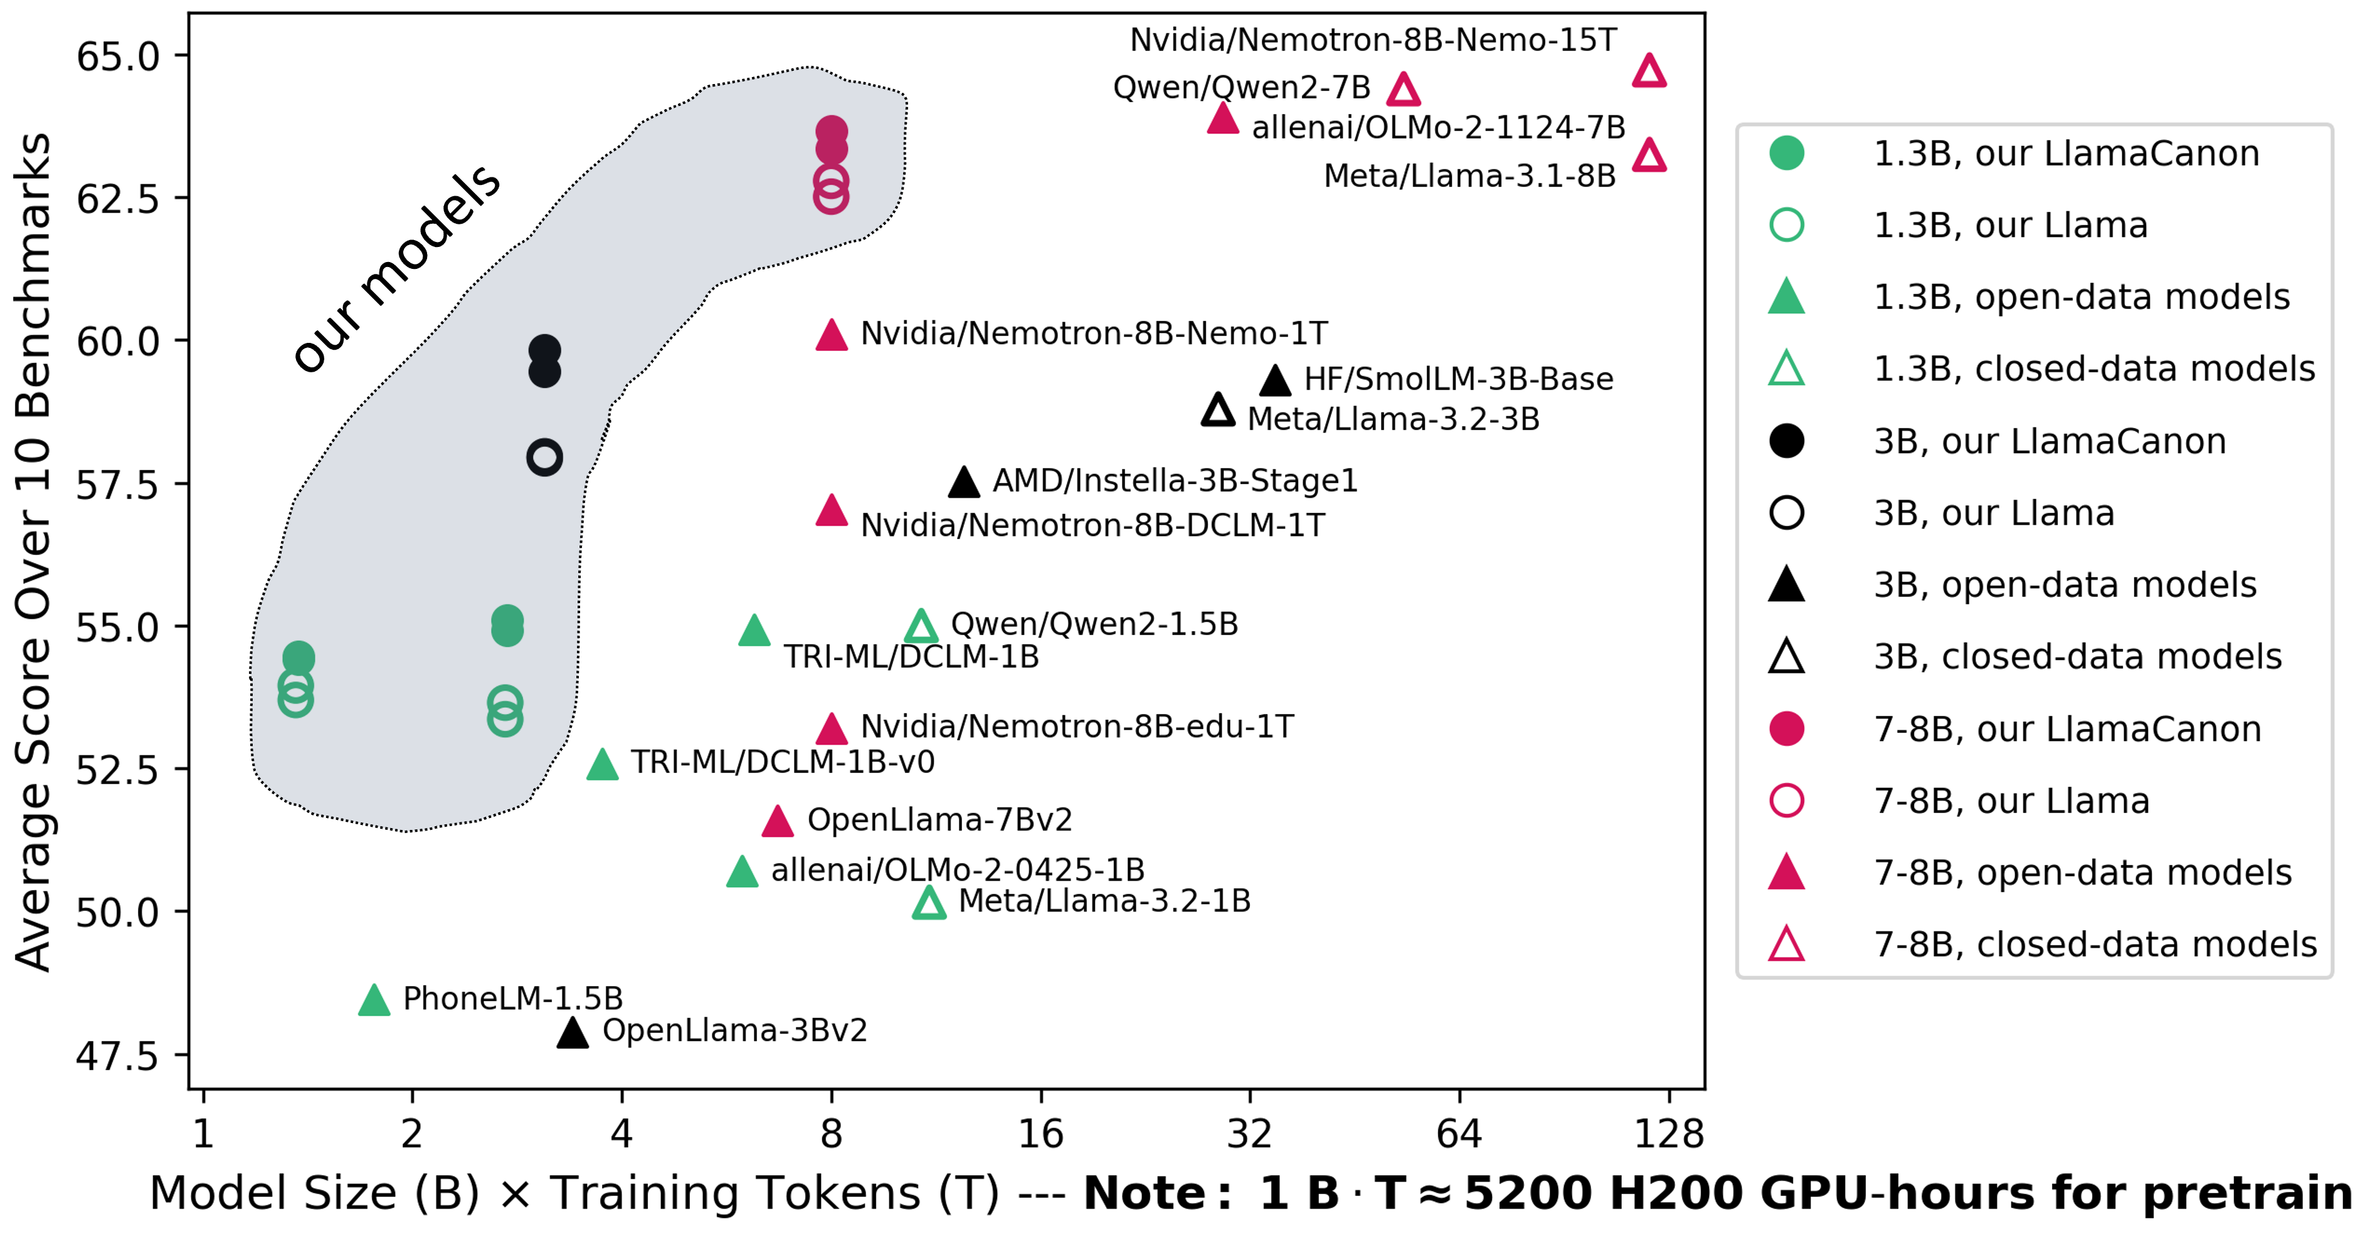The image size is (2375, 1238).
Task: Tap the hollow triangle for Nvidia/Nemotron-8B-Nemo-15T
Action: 1649,71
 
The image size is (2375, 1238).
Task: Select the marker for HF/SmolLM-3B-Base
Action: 1275,380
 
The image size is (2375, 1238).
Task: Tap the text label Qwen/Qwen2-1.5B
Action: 1094,624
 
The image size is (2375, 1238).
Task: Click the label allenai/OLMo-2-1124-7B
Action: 1438,127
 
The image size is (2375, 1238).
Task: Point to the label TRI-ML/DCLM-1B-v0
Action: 783,762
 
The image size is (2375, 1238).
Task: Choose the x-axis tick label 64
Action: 1459,1133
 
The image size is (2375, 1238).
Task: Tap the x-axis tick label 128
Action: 1669,1133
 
